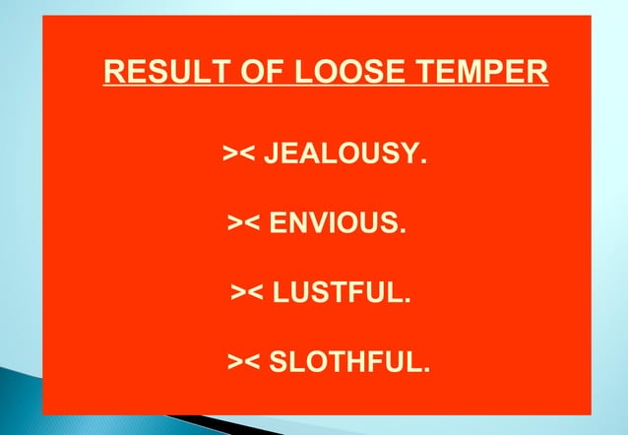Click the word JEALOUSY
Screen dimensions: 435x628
click(345, 154)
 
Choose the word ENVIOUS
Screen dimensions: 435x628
click(335, 222)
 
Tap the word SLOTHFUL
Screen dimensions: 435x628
click(346, 362)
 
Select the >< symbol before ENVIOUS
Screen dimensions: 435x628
click(245, 223)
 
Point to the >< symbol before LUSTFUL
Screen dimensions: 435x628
click(247, 293)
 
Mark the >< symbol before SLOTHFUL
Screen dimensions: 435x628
click(245, 363)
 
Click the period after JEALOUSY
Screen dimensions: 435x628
click(425, 160)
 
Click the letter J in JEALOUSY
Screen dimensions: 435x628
click(272, 154)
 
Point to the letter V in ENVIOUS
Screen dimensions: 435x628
click(321, 222)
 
